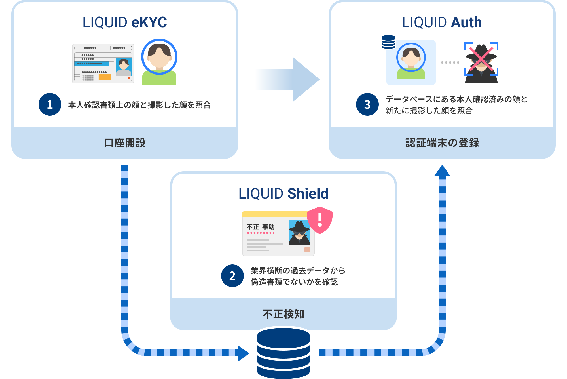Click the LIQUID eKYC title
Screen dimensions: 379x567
coord(125,22)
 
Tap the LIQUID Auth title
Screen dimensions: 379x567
coord(442,22)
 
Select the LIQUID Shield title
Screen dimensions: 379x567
coord(283,193)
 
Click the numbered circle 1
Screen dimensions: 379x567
coord(50,104)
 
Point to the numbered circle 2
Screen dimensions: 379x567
coord(232,276)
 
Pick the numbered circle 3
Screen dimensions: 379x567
coord(367,104)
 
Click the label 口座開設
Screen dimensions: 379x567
coord(125,143)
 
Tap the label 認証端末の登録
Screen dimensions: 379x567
coord(442,143)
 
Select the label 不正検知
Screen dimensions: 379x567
coord(283,314)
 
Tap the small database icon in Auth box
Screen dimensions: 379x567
coord(388,42)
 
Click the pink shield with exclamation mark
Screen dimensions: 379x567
coord(320,220)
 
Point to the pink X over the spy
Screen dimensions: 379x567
coord(481,58)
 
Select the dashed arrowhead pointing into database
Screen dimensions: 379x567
coord(243,353)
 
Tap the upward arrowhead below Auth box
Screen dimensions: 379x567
coord(442,171)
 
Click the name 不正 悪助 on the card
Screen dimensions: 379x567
coord(260,227)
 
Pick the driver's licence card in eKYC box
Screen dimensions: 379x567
coord(103,64)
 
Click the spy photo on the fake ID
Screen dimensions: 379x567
coord(299,233)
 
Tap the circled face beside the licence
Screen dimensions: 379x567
coord(159,57)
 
